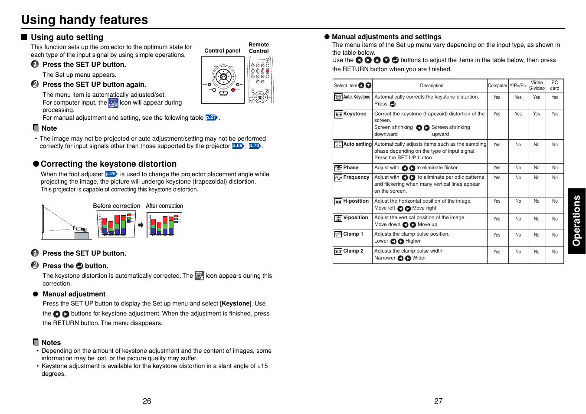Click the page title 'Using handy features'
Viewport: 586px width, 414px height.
point(85,20)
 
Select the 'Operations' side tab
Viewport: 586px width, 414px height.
point(576,221)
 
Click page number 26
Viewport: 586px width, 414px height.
point(147,401)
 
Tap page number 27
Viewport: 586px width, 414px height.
point(438,401)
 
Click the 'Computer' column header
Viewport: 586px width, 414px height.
point(497,85)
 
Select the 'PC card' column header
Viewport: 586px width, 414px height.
point(555,85)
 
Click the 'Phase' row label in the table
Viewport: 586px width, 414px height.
point(350,168)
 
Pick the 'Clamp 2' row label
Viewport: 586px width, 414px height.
point(353,251)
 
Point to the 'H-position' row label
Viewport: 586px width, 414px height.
point(356,201)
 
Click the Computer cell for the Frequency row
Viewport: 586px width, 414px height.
point(497,177)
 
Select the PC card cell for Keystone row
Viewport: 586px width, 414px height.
point(555,114)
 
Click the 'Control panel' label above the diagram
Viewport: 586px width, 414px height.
point(222,51)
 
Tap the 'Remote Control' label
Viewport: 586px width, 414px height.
point(259,48)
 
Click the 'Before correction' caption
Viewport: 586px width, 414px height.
point(116,206)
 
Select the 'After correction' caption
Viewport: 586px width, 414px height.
point(164,206)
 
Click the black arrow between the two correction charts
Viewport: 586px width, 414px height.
point(141,225)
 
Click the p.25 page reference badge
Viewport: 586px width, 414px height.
point(111,174)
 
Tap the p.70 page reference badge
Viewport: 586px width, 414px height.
point(255,146)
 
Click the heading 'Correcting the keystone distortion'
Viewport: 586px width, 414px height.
point(108,164)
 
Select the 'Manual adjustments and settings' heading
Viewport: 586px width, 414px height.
point(386,37)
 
